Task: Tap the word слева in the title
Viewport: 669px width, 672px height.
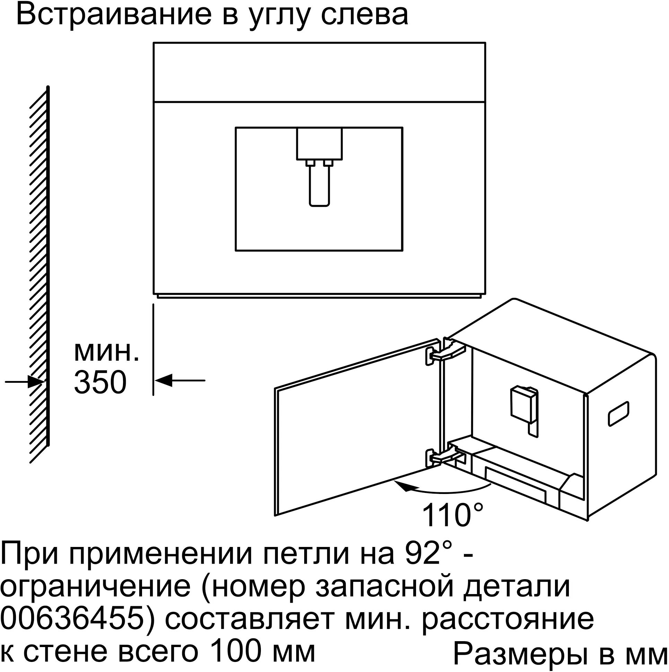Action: [364, 15]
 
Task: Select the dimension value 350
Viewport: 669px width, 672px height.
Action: [100, 382]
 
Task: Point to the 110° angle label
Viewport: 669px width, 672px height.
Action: [452, 515]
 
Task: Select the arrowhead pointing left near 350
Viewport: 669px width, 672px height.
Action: [163, 380]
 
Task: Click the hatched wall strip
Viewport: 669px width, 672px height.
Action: [39, 275]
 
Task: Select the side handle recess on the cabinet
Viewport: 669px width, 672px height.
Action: [618, 414]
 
